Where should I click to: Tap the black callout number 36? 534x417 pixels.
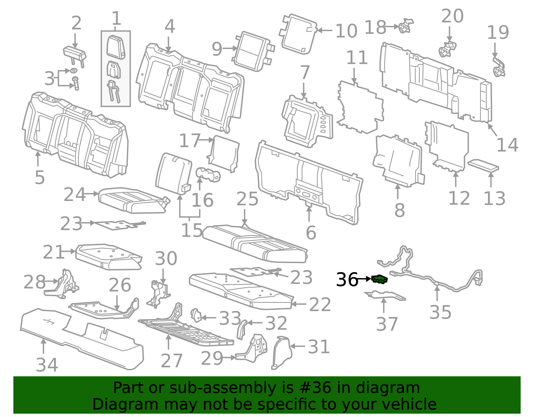(347, 279)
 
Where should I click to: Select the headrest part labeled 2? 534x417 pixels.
(75, 53)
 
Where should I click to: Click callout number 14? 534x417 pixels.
(507, 145)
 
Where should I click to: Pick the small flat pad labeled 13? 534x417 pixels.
(483, 166)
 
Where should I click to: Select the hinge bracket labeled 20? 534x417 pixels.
(447, 49)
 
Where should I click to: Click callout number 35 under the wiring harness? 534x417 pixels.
(440, 312)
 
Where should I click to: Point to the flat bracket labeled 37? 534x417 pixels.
(385, 295)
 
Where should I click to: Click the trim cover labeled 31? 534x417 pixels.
(280, 353)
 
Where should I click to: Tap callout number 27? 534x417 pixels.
(172, 361)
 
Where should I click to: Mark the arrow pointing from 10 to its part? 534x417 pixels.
(324, 30)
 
